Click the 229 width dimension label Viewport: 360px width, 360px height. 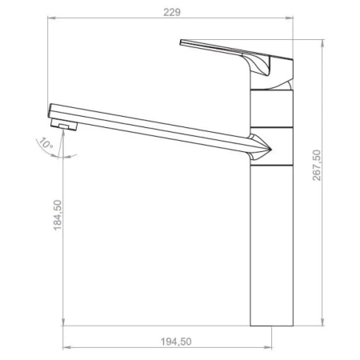pyautogui.click(x=172, y=12)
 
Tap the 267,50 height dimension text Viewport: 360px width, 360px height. pyautogui.click(x=317, y=166)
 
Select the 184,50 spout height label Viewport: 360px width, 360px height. pyautogui.click(x=58, y=215)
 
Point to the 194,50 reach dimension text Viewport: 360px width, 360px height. pyautogui.click(x=176, y=342)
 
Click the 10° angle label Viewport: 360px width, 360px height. pyautogui.click(x=46, y=143)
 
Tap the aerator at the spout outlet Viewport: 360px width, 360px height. pyautogui.click(x=64, y=125)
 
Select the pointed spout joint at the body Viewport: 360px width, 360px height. pyautogui.click(x=261, y=147)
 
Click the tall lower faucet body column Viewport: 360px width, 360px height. pyautogui.click(x=272, y=246)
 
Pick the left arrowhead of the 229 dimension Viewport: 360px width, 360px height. pyautogui.click(x=51, y=18)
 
